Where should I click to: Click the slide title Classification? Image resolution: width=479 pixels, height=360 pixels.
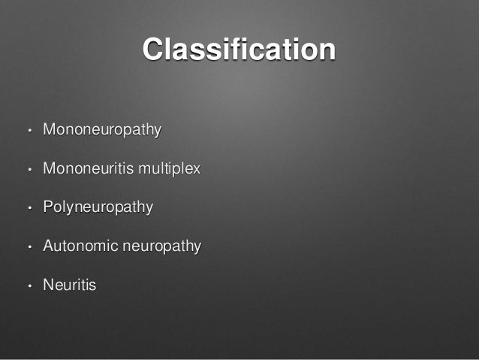pos(239,50)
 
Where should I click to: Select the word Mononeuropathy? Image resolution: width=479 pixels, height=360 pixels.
pos(102,130)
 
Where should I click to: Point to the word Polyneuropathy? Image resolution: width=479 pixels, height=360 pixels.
pos(98,207)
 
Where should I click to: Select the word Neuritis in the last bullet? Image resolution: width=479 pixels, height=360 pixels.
pos(69,286)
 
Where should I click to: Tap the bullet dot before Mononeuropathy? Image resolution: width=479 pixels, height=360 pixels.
pos(28,131)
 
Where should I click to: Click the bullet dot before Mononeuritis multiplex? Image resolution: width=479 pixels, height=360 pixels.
pos(28,170)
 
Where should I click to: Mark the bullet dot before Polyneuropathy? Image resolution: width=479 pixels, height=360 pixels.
pos(28,208)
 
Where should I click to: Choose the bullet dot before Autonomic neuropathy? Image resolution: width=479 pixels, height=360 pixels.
pos(28,247)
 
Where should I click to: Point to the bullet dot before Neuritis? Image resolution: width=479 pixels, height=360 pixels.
pos(28,286)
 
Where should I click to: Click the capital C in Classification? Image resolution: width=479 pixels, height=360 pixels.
pos(154,50)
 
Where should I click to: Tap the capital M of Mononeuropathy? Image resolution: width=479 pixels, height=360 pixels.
pos(49,129)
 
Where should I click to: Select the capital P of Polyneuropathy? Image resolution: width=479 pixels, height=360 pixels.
pos(48,207)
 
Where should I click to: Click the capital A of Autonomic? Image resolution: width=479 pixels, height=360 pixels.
pos(48,246)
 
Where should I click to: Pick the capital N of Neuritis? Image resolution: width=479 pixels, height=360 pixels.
pos(48,285)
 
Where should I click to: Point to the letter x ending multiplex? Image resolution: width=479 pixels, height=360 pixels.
pos(197,170)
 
